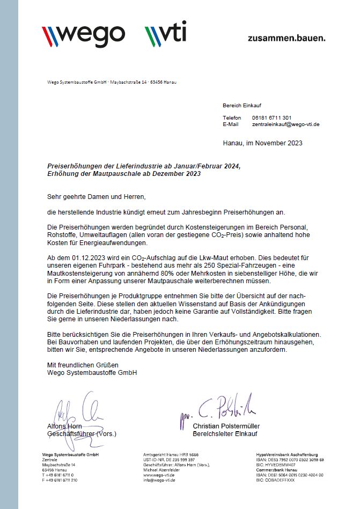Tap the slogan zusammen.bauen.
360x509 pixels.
click(x=286, y=38)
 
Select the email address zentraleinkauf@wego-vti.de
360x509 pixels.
click(x=285, y=124)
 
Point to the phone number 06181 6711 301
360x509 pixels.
click(x=271, y=117)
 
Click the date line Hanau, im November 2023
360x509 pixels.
click(x=262, y=143)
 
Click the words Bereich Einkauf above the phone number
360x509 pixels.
click(x=242, y=105)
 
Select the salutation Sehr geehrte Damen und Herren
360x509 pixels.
click(x=97, y=197)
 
